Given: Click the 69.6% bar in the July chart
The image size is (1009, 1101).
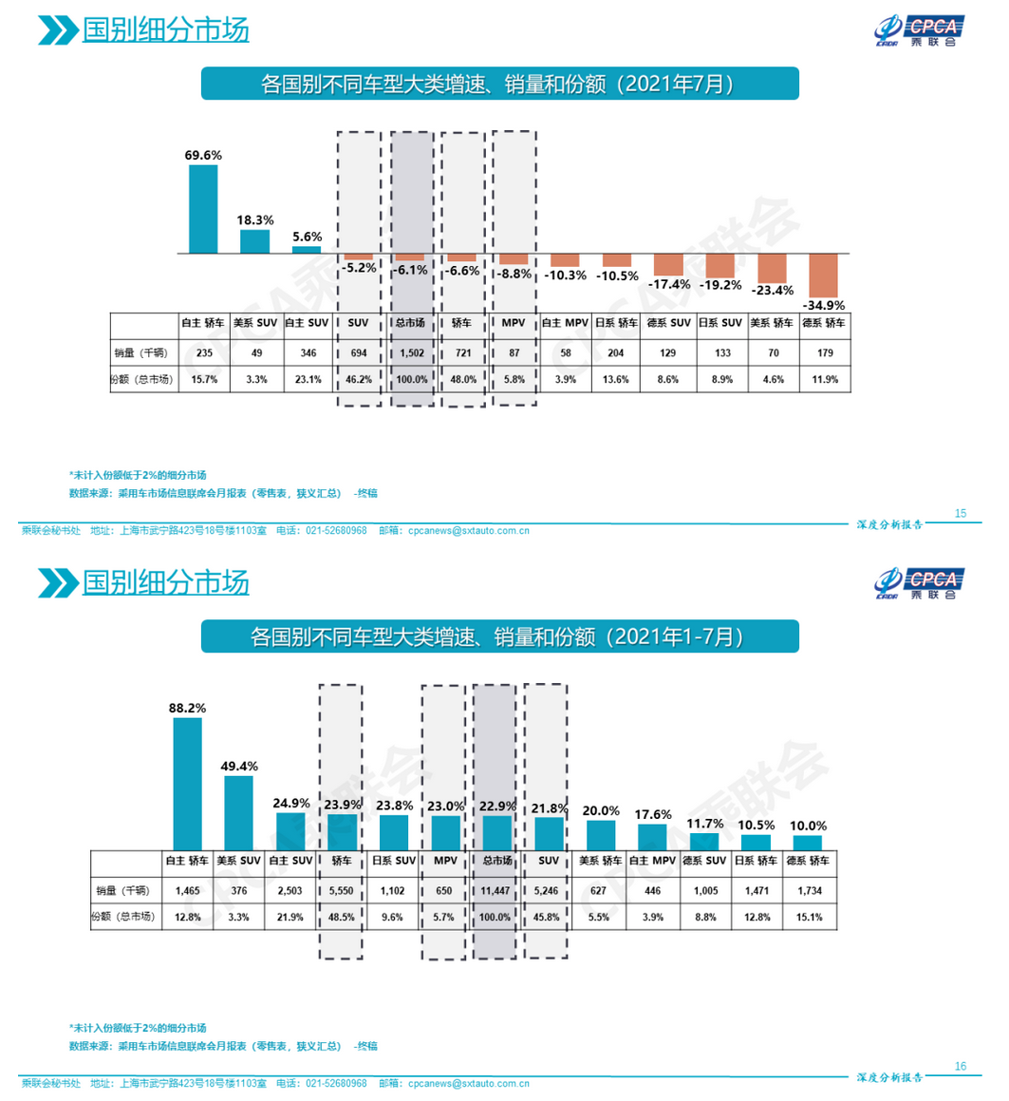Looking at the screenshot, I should pyautogui.click(x=203, y=209).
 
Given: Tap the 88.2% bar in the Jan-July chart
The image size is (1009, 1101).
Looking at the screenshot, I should pyautogui.click(x=187, y=783).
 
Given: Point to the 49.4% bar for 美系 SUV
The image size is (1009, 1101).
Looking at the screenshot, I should pyautogui.click(x=238, y=812).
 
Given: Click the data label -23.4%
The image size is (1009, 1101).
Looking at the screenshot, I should pyautogui.click(x=772, y=291).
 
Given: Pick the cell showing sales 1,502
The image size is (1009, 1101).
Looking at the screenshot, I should pyautogui.click(x=410, y=352).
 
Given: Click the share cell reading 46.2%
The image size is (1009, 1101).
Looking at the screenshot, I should pyautogui.click(x=358, y=379).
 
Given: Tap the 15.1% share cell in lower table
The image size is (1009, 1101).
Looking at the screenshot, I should pyautogui.click(x=810, y=918).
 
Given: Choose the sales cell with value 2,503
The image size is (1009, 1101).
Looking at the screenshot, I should pyautogui.click(x=290, y=891).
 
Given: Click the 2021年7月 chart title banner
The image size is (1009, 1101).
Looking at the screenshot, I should pyautogui.click(x=499, y=84).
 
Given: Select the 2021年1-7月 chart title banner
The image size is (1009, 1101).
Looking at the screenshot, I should pyautogui.click(x=499, y=636).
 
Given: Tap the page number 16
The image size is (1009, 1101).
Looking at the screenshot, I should pyautogui.click(x=961, y=1066).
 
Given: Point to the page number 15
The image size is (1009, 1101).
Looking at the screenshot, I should pyautogui.click(x=961, y=513).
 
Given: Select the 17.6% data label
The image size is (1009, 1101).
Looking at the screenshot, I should pyautogui.click(x=653, y=815).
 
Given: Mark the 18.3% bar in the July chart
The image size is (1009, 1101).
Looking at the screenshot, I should pyautogui.click(x=254, y=241).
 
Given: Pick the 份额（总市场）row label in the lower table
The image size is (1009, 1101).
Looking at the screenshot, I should pyautogui.click(x=126, y=918).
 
